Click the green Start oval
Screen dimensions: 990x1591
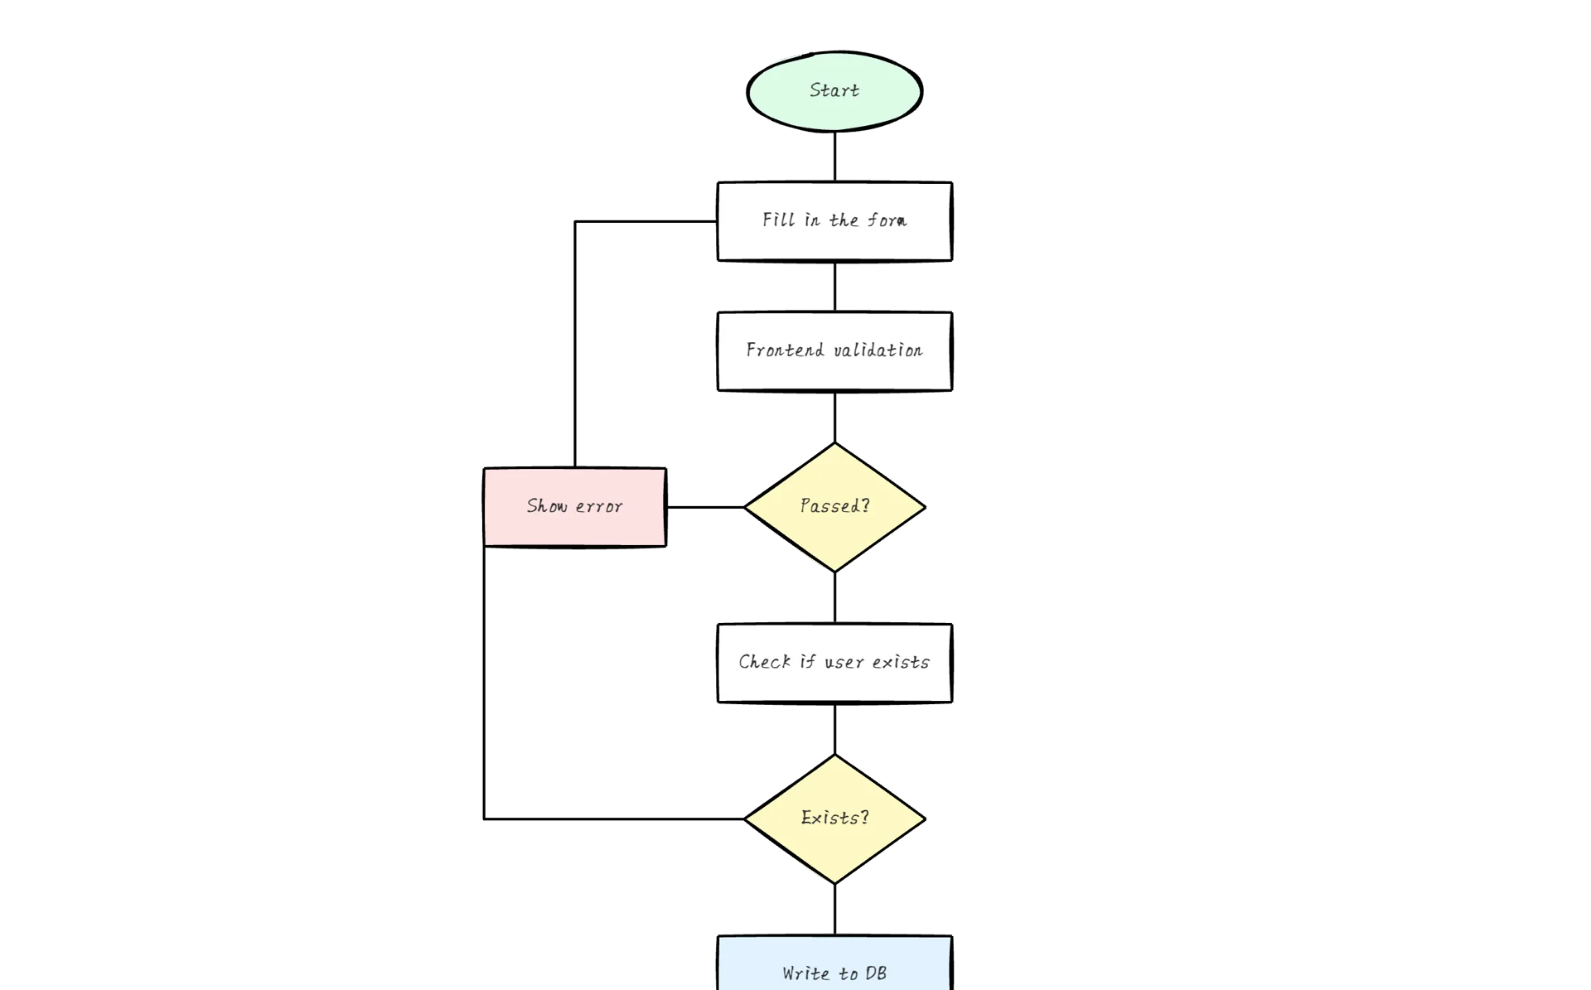tap(834, 91)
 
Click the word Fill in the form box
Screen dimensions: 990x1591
tap(778, 220)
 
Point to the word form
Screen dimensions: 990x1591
tap(887, 220)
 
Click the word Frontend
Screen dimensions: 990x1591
tap(785, 350)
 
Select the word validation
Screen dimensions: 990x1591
tap(878, 350)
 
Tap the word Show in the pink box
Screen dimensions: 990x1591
tap(547, 506)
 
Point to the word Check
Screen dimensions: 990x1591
tap(764, 662)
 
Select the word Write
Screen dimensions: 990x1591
tap(805, 973)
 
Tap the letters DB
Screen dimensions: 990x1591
tap(876, 973)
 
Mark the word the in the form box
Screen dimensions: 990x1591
tap(844, 220)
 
